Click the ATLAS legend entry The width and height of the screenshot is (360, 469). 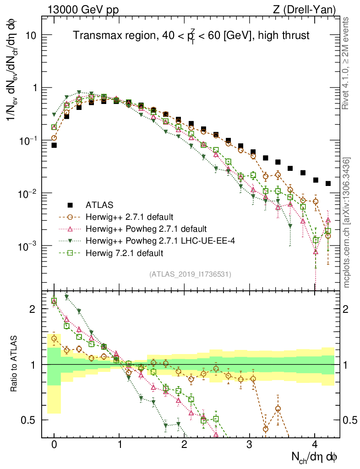pos(99,204)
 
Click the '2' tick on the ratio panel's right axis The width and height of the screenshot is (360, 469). pos(346,309)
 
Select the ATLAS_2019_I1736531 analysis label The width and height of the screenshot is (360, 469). pos(190,274)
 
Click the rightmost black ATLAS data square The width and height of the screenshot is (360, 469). pos(328,183)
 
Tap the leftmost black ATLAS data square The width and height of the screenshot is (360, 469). pos(54,145)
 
